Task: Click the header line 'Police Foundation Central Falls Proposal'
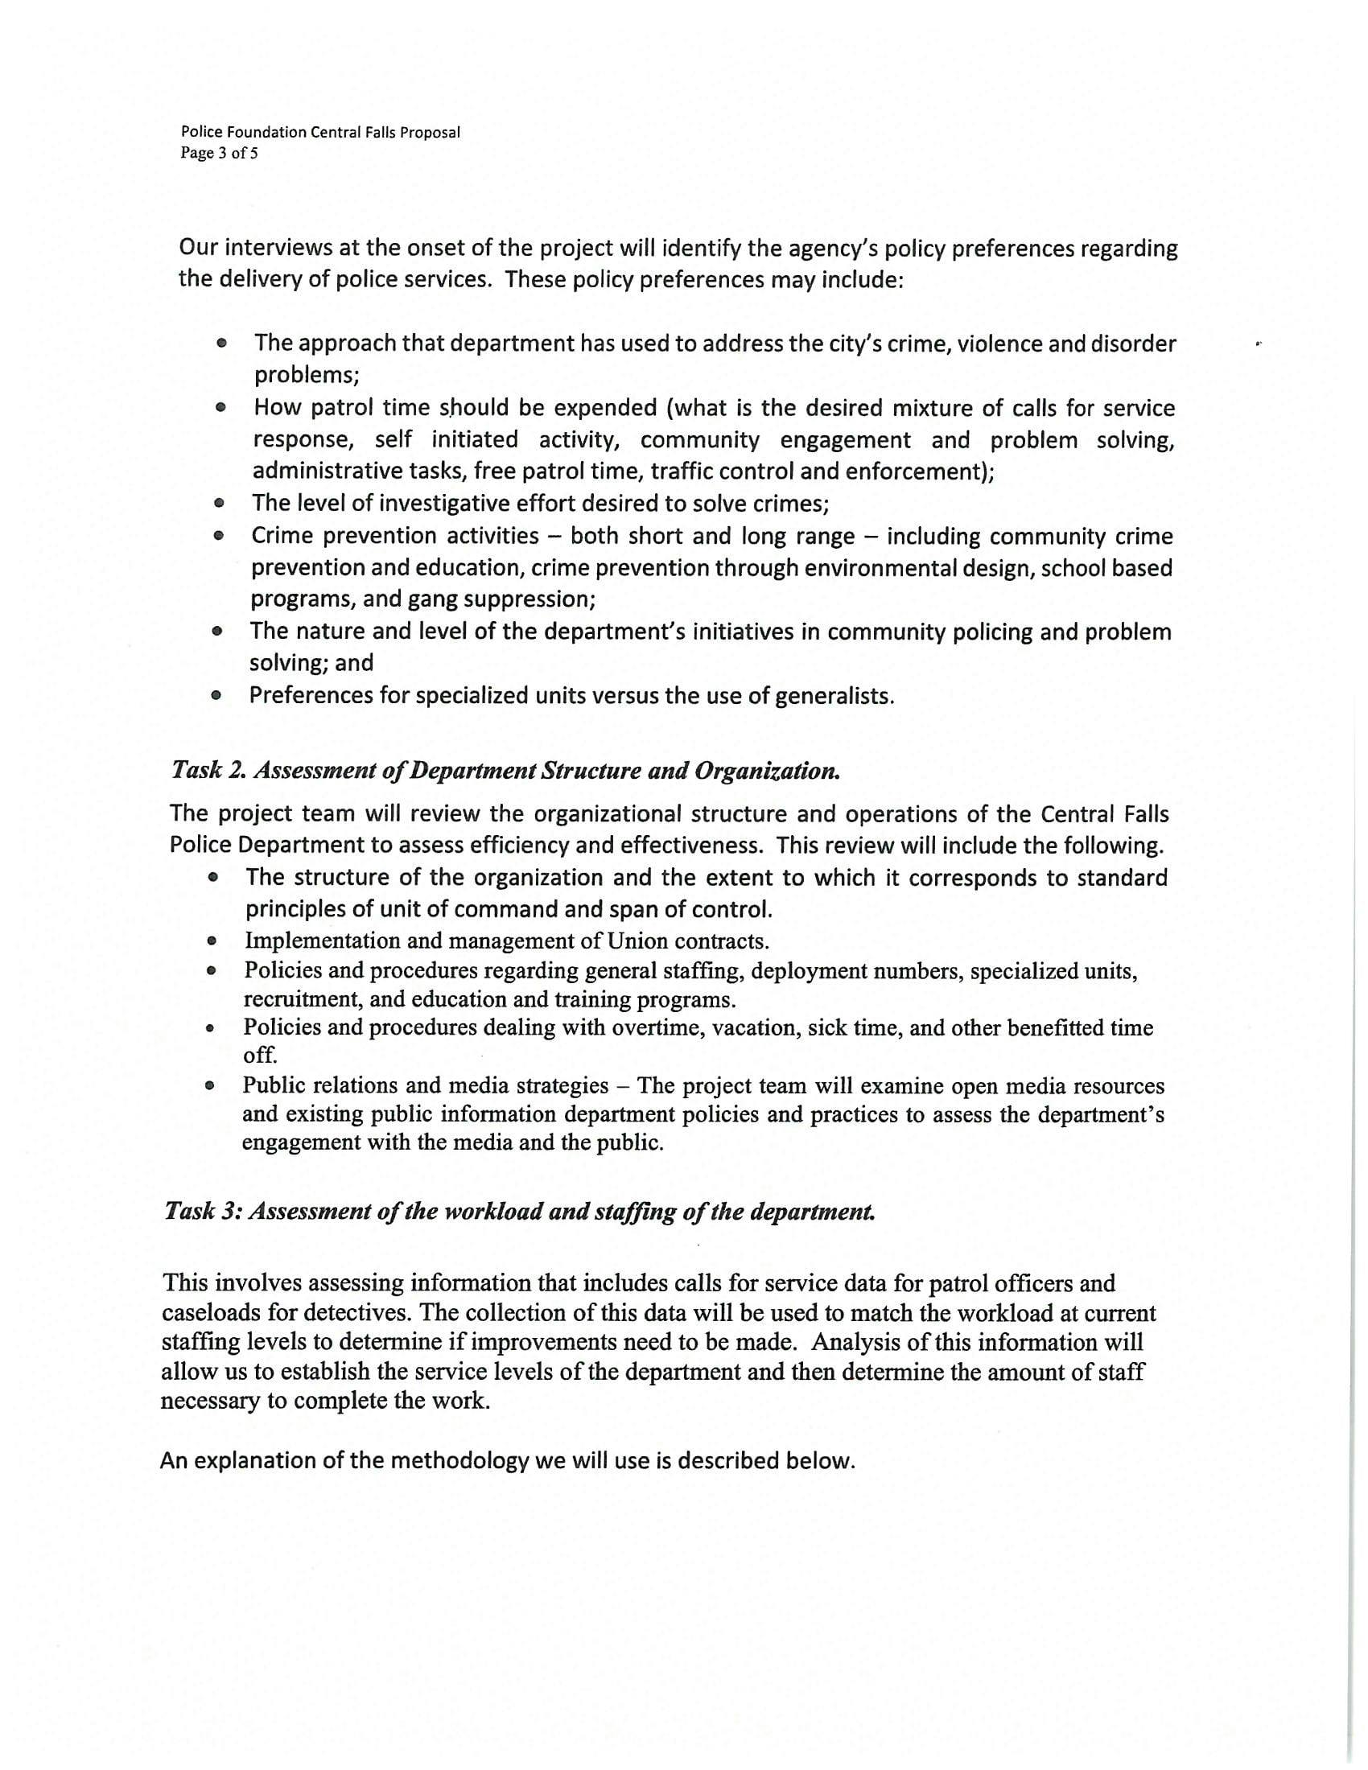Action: pyautogui.click(x=320, y=132)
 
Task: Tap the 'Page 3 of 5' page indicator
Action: pyautogui.click(x=219, y=153)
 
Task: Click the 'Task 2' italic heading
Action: pyautogui.click(x=505, y=769)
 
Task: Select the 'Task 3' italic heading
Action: pyautogui.click(x=520, y=1211)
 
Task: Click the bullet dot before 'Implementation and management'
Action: pyautogui.click(x=211, y=942)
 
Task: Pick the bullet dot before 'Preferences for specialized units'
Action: pyautogui.click(x=216, y=696)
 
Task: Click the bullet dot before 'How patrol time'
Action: pyautogui.click(x=220, y=409)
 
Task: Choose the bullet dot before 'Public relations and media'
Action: pyautogui.click(x=210, y=1086)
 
